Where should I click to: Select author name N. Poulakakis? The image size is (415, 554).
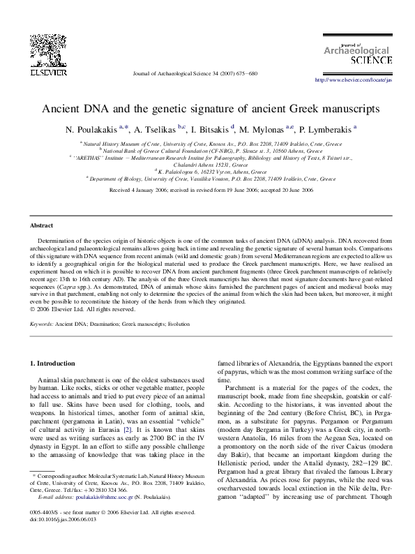click(x=91, y=130)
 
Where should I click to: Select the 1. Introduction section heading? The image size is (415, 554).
click(x=55, y=364)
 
